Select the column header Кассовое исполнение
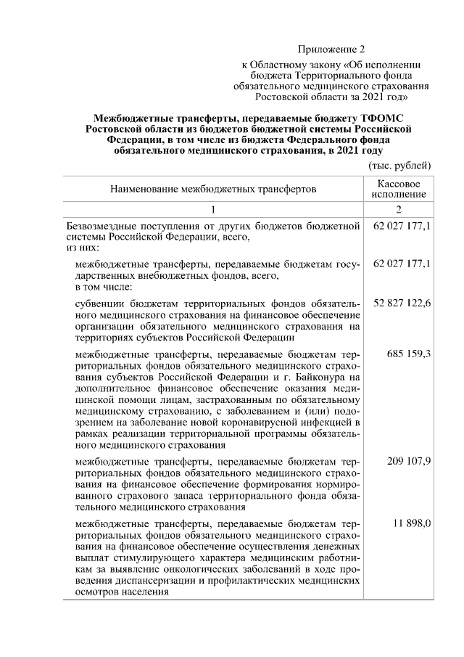point(398,189)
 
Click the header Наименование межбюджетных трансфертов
point(213,190)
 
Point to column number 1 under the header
point(213,210)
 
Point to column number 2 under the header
point(398,210)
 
